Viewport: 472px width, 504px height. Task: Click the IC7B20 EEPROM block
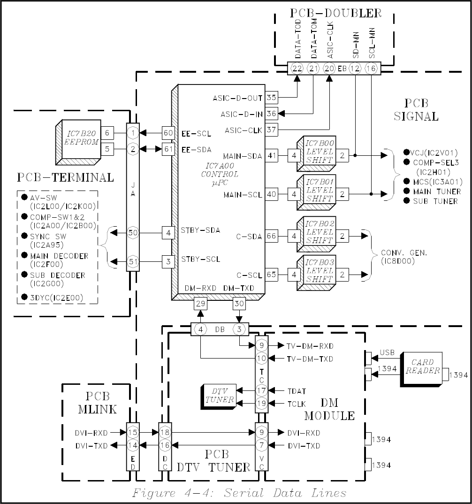coord(78,142)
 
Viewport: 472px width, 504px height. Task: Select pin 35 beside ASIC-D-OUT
coord(272,98)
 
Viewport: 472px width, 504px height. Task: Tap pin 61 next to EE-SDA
coord(168,149)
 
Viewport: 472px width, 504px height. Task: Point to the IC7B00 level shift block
coord(317,153)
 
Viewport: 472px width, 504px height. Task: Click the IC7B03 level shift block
coord(317,273)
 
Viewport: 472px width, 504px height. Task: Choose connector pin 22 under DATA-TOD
coord(297,69)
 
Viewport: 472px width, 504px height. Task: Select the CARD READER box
coord(421,369)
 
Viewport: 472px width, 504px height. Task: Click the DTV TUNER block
coord(219,397)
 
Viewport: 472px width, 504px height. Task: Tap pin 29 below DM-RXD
coord(200,304)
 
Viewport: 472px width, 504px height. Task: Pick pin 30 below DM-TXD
coord(239,304)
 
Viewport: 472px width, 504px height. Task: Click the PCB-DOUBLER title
coord(336,13)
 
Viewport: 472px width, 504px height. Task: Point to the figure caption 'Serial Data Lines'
coord(285,493)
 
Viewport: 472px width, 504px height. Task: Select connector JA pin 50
coord(133,233)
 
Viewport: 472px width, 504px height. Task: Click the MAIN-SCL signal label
coord(243,195)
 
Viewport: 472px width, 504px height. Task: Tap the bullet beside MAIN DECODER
coord(24,255)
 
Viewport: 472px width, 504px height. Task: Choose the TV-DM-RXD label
coord(310,346)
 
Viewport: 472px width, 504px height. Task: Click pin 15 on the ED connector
coord(133,432)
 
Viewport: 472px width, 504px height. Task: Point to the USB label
coord(387,352)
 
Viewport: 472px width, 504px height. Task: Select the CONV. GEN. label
coord(404,253)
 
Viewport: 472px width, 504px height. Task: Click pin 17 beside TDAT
coord(261,390)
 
